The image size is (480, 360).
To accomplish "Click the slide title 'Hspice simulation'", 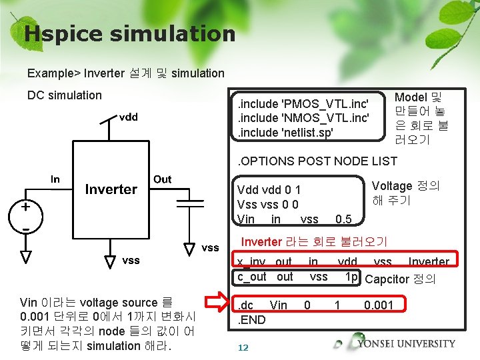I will coord(129,33).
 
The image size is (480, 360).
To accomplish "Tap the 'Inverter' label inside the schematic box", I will coord(111,189).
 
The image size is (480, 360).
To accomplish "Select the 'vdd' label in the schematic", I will coord(128,117).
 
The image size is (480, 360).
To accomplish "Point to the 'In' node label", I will coord(55,179).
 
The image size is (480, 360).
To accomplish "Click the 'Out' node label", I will coord(162,179).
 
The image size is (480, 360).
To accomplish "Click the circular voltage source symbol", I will coord(25,215).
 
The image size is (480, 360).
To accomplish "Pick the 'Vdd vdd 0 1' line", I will coord(269,190).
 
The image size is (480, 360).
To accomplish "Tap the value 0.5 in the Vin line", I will coord(343,219).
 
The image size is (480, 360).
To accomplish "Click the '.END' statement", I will coord(252,319).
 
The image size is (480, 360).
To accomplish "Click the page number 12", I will coord(243,347).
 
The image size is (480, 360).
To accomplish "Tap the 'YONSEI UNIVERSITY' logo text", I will coord(406,344).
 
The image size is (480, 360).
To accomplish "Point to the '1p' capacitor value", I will coord(351,276).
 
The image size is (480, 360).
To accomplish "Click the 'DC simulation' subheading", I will coord(65,95).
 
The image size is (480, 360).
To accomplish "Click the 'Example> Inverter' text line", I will coord(126,73).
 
